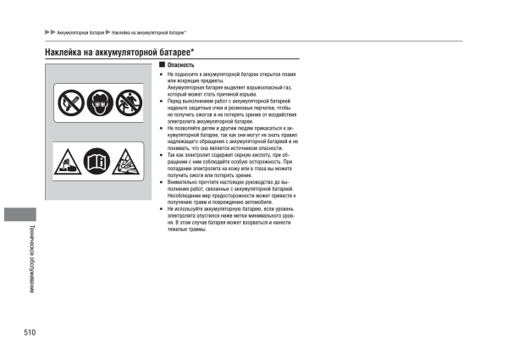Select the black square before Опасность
160,65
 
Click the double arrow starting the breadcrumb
50,33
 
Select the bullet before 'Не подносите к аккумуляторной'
160,75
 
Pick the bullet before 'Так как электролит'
160,153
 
